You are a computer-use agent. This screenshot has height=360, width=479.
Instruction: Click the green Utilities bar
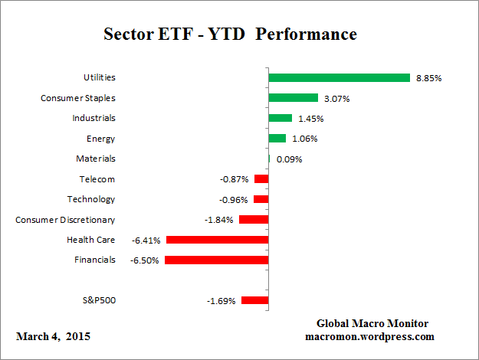tap(340, 77)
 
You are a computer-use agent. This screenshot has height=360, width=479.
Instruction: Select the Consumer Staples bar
tap(293, 98)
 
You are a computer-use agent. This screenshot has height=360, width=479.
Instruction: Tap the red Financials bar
tap(216, 260)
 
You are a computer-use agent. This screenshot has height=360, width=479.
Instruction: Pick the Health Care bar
tap(217, 240)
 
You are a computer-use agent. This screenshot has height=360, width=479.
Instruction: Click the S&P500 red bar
tap(254, 300)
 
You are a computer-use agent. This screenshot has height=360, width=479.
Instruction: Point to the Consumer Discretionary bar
tap(254, 220)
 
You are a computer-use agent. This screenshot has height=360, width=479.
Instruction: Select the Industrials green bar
tap(280, 118)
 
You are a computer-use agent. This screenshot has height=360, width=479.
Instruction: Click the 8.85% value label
tap(428, 78)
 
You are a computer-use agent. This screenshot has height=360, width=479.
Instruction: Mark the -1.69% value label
tap(221, 301)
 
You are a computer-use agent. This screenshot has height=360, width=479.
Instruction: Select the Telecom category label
tap(97, 179)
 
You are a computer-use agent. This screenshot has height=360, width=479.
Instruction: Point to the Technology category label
tap(91, 199)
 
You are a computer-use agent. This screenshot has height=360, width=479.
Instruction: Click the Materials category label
tap(96, 159)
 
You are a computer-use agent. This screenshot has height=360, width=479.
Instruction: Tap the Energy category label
tap(101, 139)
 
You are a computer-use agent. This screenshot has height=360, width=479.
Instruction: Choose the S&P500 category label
tap(98, 300)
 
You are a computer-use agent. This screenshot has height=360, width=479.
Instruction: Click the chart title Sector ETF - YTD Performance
tap(230, 35)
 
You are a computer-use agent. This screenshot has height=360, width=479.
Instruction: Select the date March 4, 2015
tap(52, 336)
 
